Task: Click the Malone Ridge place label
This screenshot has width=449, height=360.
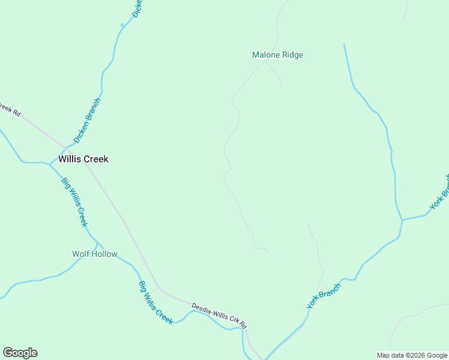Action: [x=277, y=55]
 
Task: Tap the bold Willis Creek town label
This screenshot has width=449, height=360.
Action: [x=83, y=160]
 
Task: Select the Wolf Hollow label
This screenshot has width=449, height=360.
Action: [x=95, y=254]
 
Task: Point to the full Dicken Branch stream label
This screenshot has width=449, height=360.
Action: [x=87, y=121]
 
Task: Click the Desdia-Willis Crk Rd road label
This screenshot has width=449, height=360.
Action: [x=219, y=316]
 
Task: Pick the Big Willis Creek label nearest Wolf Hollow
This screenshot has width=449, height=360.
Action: [x=75, y=202]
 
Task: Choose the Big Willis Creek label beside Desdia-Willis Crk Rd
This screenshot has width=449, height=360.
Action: [x=155, y=303]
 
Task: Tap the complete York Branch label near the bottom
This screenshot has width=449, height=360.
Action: [x=324, y=296]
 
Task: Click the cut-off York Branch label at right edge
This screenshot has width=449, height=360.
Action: [x=439, y=193]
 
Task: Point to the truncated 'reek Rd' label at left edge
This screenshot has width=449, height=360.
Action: [x=10, y=110]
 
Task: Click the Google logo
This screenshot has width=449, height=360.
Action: [x=20, y=353]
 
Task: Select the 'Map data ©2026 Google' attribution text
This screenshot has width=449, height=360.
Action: [x=412, y=355]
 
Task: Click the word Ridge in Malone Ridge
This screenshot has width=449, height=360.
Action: [x=292, y=55]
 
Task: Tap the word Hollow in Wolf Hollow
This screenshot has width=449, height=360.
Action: [x=104, y=254]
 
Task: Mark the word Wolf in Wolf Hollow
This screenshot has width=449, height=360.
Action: [x=80, y=254]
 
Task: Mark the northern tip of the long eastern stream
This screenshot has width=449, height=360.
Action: [x=344, y=44]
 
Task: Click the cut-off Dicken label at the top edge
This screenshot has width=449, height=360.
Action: [x=136, y=8]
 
